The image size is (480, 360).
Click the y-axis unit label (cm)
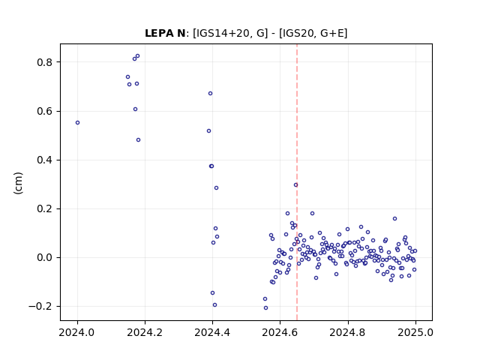click(18, 183)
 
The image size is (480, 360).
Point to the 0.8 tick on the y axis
click(44, 62)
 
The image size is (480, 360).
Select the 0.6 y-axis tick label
click(44, 112)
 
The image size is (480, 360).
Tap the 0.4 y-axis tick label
click(44, 160)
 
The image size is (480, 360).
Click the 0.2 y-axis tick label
click(44, 209)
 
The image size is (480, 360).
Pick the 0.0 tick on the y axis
click(44, 258)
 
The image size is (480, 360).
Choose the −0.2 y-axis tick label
click(40, 307)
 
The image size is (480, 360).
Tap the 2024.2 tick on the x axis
click(145, 332)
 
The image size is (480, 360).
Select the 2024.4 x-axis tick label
click(212, 332)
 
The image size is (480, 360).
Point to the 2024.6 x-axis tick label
click(280, 332)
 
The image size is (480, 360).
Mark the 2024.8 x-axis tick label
click(347, 332)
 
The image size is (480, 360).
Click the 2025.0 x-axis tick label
click(415, 332)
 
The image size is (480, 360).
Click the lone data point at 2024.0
click(77, 123)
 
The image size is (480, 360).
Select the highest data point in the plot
click(137, 56)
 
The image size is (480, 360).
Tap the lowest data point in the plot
click(265, 308)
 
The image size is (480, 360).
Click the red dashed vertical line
click(297, 182)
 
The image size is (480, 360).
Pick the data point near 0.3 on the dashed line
click(295, 185)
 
